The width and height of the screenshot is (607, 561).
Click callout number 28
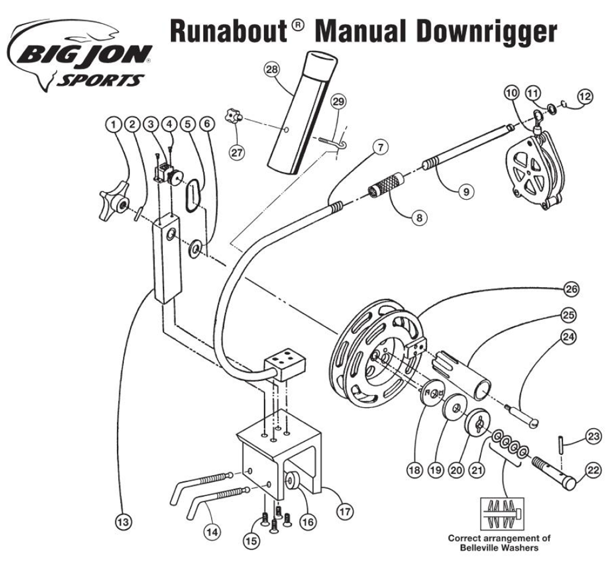pyautogui.click(x=271, y=70)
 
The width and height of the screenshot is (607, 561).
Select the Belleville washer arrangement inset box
pyautogui.click(x=502, y=514)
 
